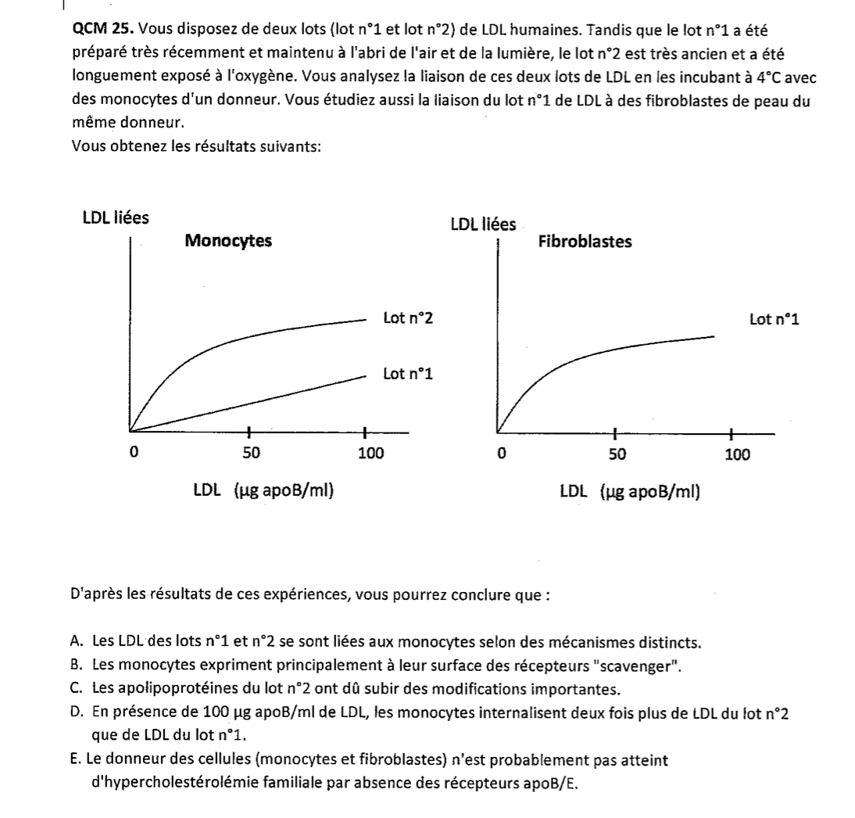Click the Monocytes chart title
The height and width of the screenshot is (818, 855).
tap(228, 241)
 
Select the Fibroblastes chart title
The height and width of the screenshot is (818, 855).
tap(585, 242)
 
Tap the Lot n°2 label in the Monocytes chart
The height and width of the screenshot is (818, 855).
tap(408, 318)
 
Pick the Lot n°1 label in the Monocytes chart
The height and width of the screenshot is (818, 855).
tap(408, 374)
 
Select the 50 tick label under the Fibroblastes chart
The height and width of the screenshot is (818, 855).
tap(617, 454)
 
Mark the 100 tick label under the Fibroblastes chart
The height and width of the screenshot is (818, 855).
tap(737, 454)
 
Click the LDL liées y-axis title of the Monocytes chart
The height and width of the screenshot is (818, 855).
tap(116, 218)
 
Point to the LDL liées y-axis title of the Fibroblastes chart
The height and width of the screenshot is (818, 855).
tap(483, 225)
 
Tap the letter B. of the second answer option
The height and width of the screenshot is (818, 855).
tap(77, 666)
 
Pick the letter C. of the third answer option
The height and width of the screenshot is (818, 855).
tap(77, 688)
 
